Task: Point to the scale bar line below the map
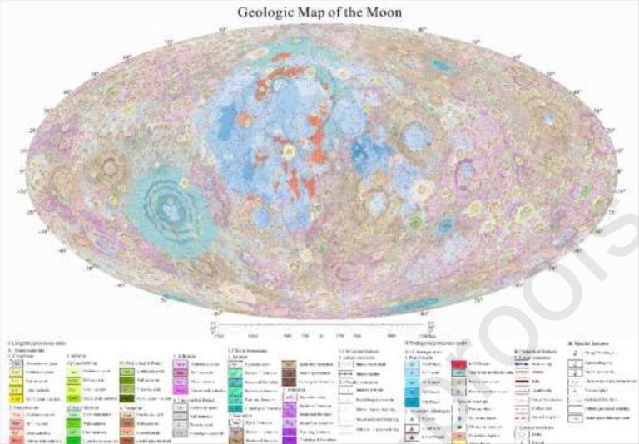pyautogui.click(x=319, y=326)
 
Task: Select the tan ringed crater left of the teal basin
pyautogui.click(x=109, y=167)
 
